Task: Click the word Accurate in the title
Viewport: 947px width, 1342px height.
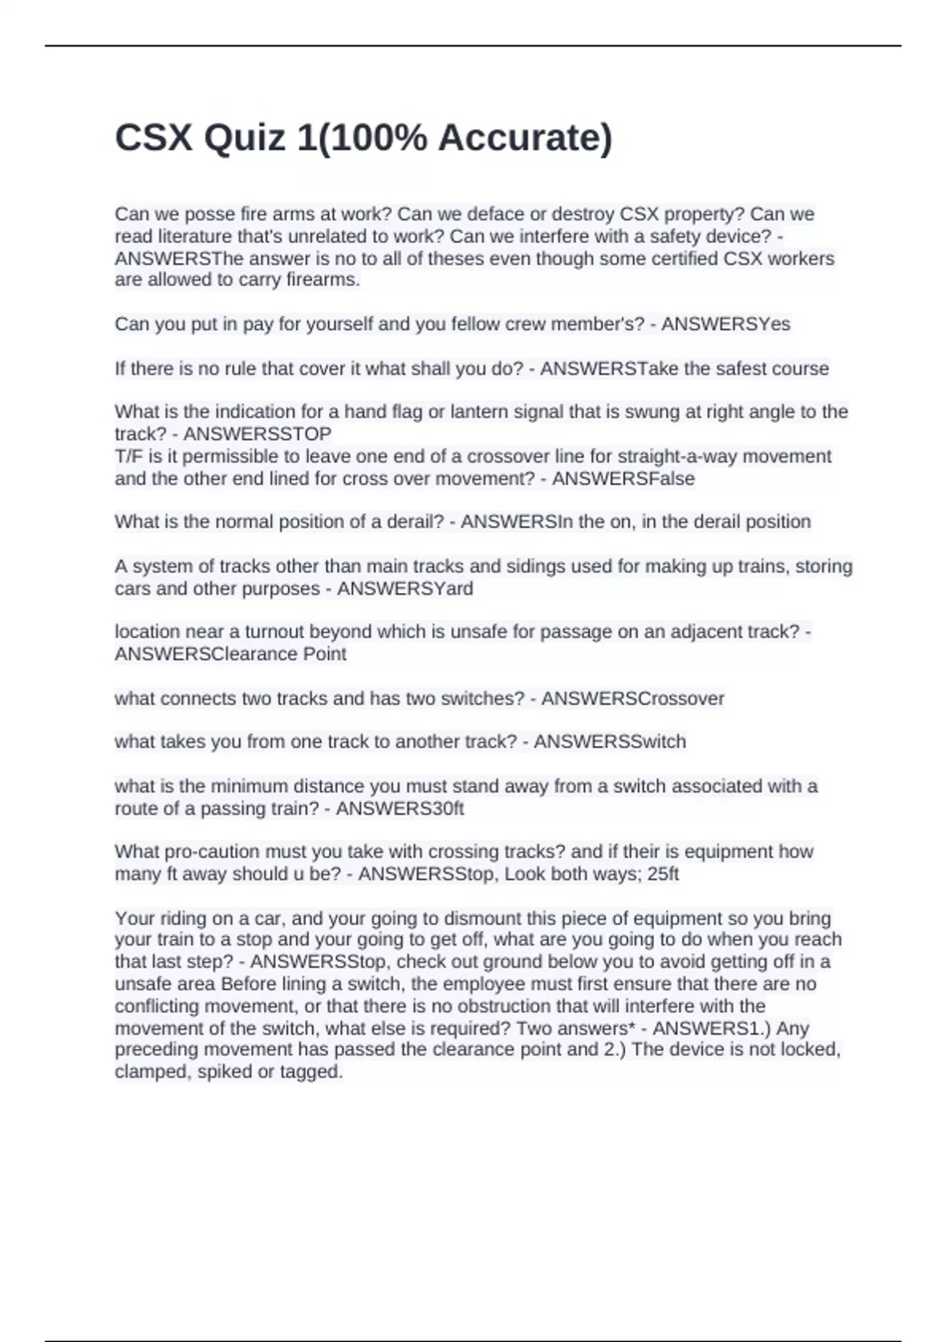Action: [520, 138]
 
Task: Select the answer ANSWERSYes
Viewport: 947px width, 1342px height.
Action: [725, 324]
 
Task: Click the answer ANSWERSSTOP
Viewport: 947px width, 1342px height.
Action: [257, 434]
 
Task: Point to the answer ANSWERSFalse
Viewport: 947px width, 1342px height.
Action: [623, 479]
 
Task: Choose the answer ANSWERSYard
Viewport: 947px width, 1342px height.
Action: [405, 589]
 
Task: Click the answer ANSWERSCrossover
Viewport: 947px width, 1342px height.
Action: [632, 699]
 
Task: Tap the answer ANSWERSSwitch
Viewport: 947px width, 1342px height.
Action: [609, 742]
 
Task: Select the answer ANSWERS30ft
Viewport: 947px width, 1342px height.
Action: [400, 809]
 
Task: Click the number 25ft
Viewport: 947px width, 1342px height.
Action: [662, 875]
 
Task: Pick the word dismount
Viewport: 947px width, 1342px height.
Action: [477, 919]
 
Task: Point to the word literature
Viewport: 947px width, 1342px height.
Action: [197, 237]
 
